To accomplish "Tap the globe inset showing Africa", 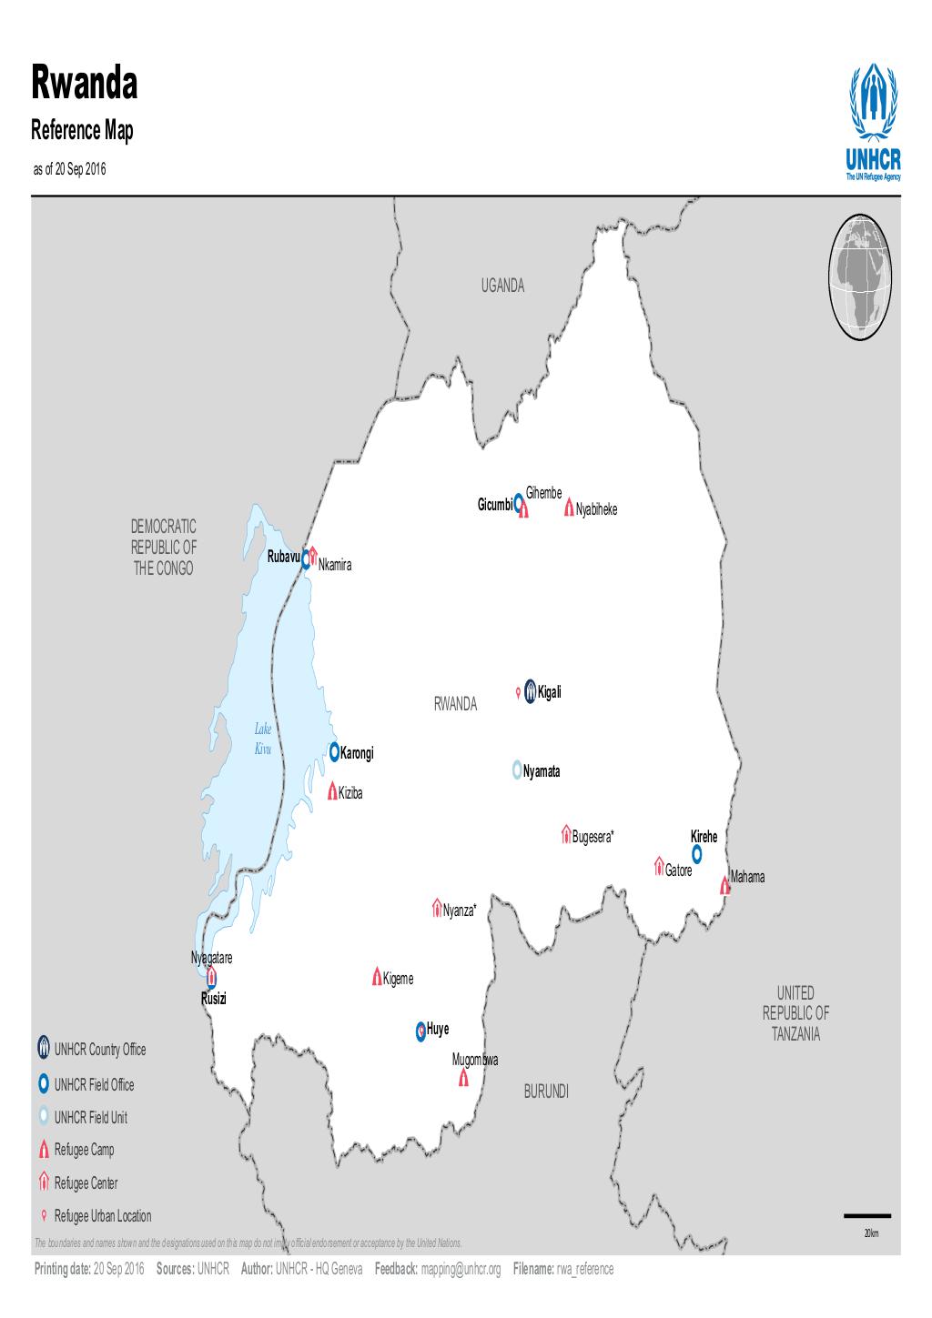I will coord(860,277).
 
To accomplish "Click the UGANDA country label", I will coord(502,286).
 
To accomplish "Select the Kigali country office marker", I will coord(530,693).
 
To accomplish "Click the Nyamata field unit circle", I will coord(517,769).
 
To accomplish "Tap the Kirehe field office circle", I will coord(697,853).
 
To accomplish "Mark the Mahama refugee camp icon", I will coord(724,885).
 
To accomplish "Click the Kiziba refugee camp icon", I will coord(332,790).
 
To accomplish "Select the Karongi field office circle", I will coord(334,751).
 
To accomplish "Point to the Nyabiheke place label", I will coord(596,510).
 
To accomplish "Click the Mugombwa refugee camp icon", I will coord(463,1078).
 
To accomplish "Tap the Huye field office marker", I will coord(420,1030).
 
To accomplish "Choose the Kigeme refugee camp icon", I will coord(376,977).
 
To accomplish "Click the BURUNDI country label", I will coord(546,1092).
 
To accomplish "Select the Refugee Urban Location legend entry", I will coord(102,1216).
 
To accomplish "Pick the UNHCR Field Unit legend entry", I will coord(90,1117).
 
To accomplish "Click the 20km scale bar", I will coord(867,1215).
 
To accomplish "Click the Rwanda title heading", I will coord(85,84).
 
